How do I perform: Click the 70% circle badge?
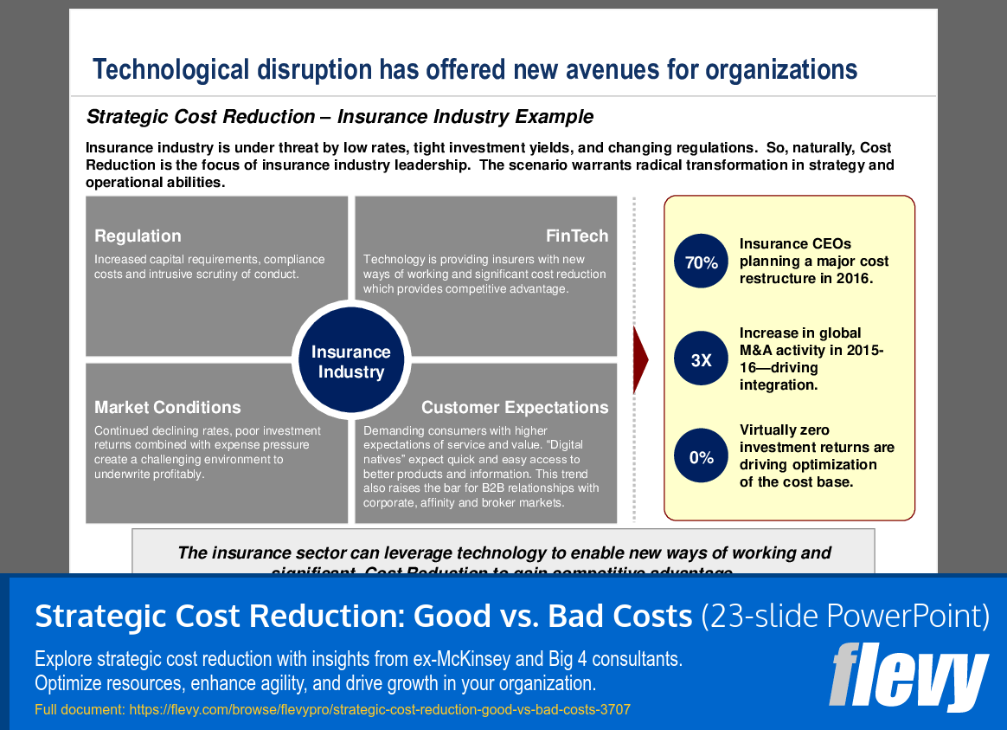coord(702,262)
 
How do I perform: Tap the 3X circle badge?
coord(702,359)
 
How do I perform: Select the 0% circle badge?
coord(702,456)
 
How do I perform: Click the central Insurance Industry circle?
coord(350,362)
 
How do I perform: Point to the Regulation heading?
coord(138,236)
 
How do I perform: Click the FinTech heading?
coord(576,236)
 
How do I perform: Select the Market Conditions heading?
coord(167,407)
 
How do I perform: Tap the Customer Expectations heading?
coord(515,407)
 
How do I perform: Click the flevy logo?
coord(908,677)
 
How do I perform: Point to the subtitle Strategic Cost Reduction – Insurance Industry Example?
coord(339,117)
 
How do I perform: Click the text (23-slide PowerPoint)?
coord(844,616)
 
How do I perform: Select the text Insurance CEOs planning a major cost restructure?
coord(814,261)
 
